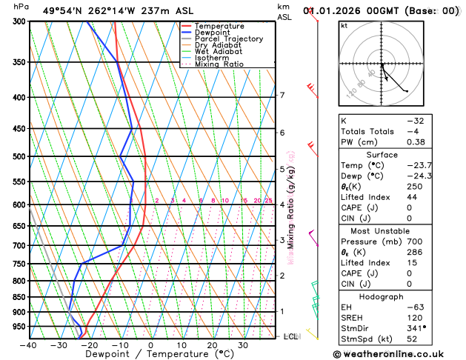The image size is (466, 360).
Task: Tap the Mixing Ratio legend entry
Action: (219, 64)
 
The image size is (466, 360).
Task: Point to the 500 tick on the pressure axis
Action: (18, 157)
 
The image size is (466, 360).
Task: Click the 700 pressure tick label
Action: (18, 245)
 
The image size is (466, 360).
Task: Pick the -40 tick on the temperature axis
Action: (29, 344)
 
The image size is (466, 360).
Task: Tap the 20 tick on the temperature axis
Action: (212, 344)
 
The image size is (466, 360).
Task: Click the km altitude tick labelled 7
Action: (282, 95)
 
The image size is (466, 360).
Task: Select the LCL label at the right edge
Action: (292, 336)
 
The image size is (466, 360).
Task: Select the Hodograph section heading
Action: (382, 296)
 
